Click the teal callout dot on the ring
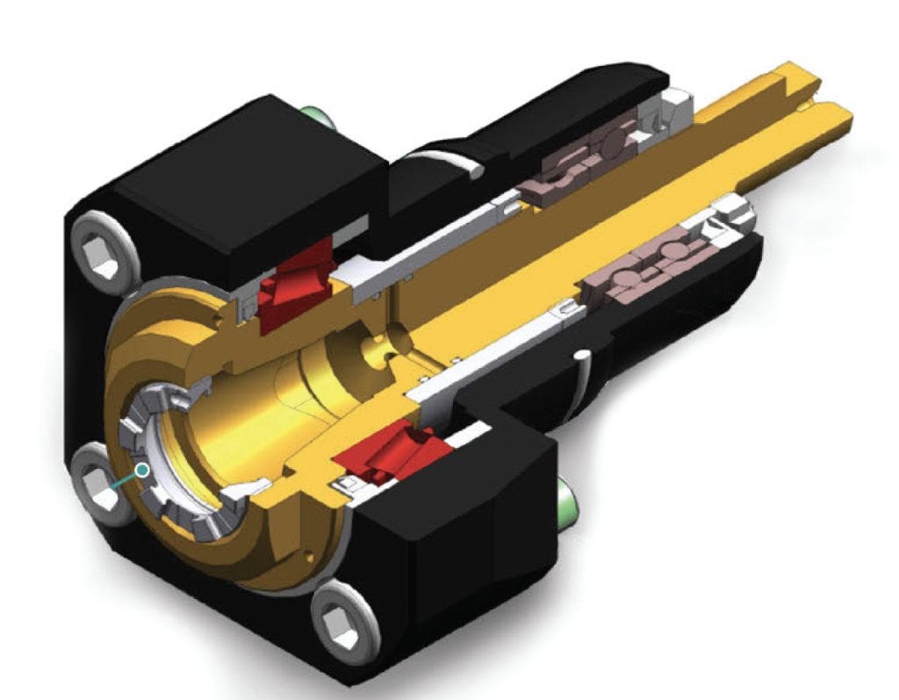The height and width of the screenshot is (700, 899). point(141,470)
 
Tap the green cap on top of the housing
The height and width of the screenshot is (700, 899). point(314,115)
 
